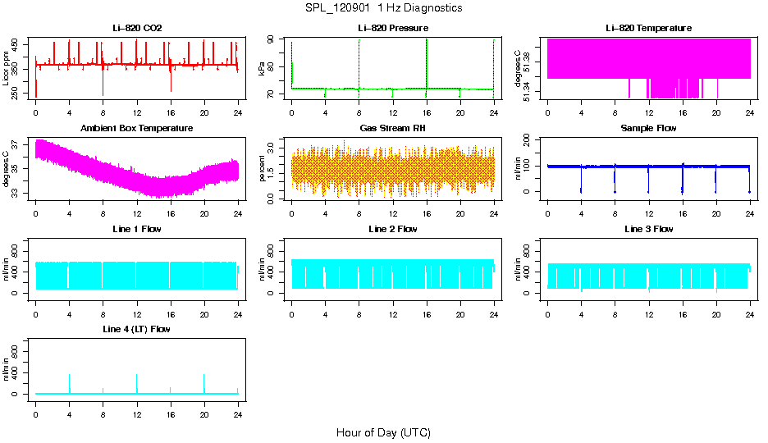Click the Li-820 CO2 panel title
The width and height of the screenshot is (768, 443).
pos(137,28)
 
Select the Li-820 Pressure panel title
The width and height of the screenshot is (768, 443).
pos(393,28)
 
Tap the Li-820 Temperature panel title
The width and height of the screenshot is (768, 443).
pos(648,28)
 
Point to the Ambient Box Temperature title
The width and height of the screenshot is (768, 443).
pos(137,128)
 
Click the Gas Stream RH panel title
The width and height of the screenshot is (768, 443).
pos(393,128)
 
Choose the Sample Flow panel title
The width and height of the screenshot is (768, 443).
pos(648,128)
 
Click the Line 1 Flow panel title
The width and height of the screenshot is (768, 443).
pos(137,229)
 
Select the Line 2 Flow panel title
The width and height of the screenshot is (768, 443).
pos(393,229)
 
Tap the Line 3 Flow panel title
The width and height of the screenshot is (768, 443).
pos(648,229)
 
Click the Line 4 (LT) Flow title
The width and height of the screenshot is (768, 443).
pos(137,329)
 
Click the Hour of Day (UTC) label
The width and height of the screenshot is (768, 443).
pos(383,432)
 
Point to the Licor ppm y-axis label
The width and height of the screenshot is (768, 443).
pos(7,68)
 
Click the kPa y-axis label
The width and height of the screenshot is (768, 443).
pos(263,69)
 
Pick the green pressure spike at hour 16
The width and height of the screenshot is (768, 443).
pos(427,62)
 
